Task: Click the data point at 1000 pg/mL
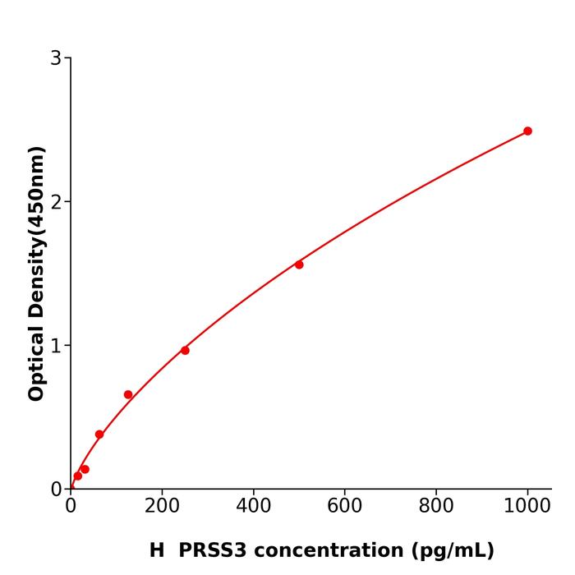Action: [527, 131]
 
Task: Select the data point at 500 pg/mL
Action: [299, 264]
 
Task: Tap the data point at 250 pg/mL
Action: [185, 351]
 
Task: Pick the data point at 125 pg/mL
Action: [128, 394]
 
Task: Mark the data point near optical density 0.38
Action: [99, 435]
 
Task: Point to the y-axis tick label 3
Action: [56, 58]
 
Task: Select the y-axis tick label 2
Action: [56, 202]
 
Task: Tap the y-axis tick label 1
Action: [56, 346]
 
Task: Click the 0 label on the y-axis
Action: [56, 489]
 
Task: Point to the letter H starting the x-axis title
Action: [157, 550]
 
